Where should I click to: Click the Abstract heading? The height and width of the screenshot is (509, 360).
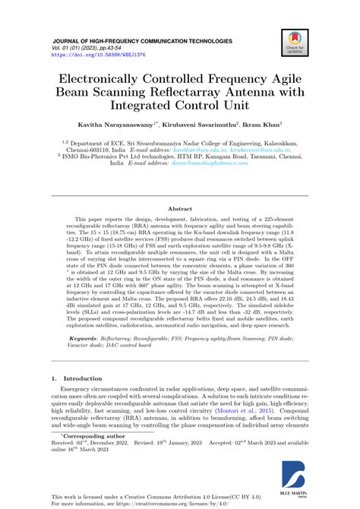179,208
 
